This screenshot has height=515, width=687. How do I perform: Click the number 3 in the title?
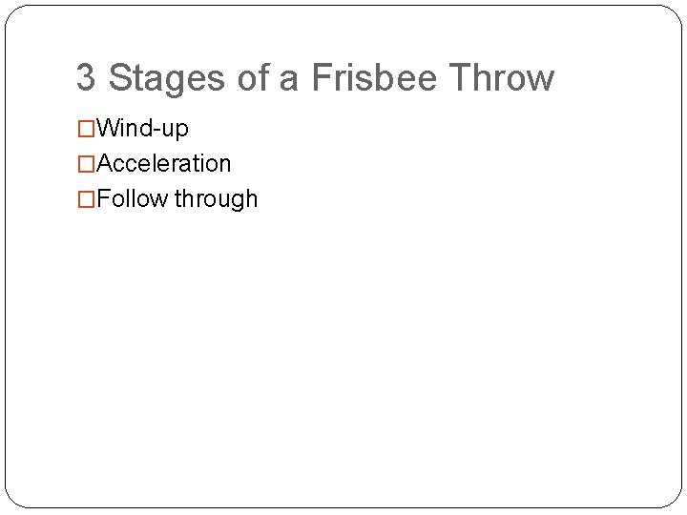[x=86, y=78]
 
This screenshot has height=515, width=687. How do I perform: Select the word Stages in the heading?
[x=168, y=78]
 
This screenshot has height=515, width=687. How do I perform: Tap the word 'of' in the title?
[x=254, y=78]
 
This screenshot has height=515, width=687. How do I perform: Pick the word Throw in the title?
[x=502, y=78]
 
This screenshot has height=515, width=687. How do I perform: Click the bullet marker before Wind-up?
[x=86, y=129]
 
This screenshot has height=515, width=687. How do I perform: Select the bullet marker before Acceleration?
[x=86, y=164]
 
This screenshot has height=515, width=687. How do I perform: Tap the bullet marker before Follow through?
[x=86, y=199]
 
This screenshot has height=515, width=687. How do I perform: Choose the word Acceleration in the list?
[x=164, y=164]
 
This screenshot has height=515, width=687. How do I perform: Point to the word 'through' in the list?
[x=216, y=199]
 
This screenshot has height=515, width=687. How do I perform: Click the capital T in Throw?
[x=459, y=78]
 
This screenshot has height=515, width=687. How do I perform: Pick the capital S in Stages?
[x=120, y=78]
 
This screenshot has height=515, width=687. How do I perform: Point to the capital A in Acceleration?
[x=105, y=164]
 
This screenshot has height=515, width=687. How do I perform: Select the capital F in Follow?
[x=103, y=199]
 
